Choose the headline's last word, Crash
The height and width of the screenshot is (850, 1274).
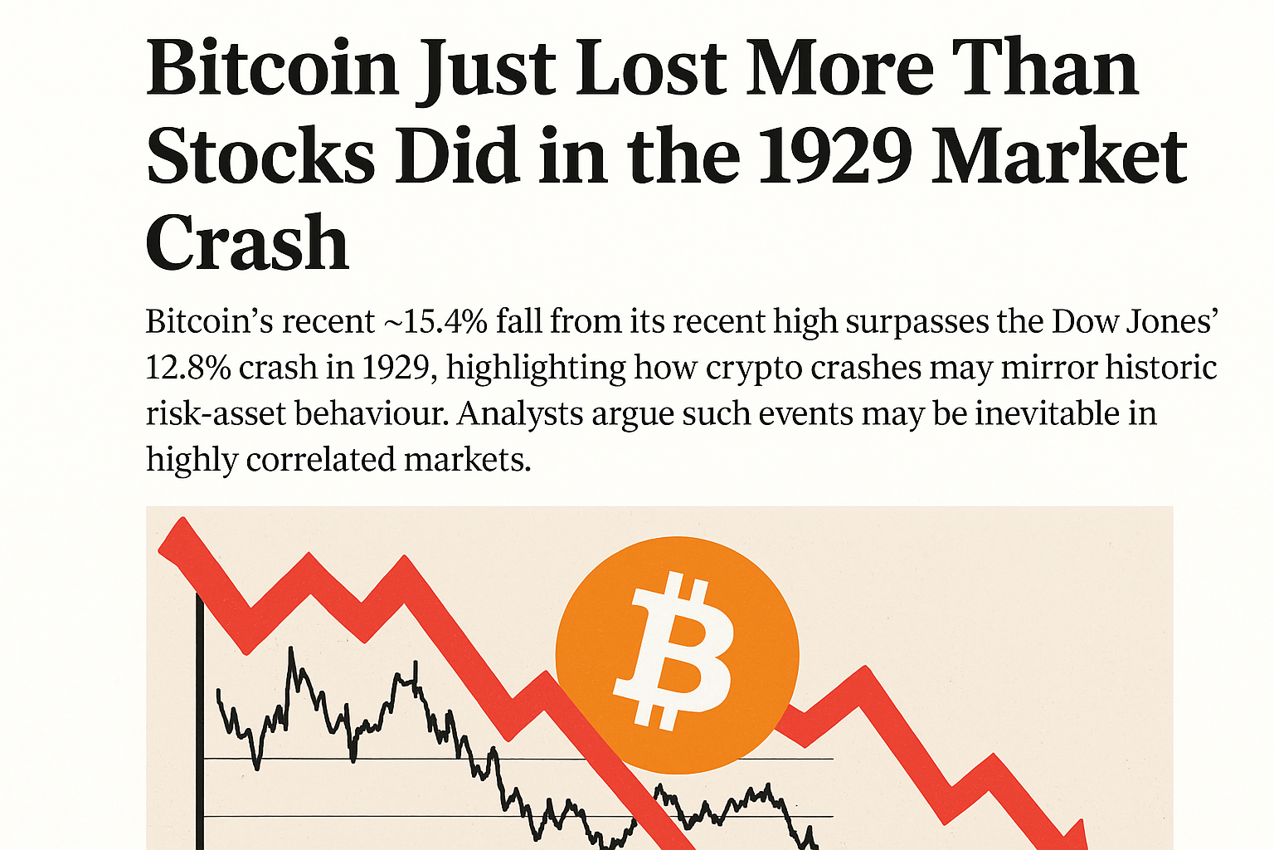click(x=247, y=242)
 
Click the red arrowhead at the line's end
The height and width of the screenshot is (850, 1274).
click(x=1077, y=834)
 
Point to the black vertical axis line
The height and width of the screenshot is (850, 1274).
click(x=199, y=722)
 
